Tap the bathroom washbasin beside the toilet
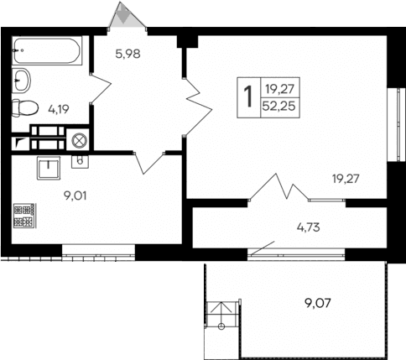click(x=23, y=81)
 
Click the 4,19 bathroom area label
click(x=59, y=108)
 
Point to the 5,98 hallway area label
click(x=128, y=55)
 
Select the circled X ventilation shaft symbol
click(x=80, y=140)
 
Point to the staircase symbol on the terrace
click(x=220, y=316)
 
